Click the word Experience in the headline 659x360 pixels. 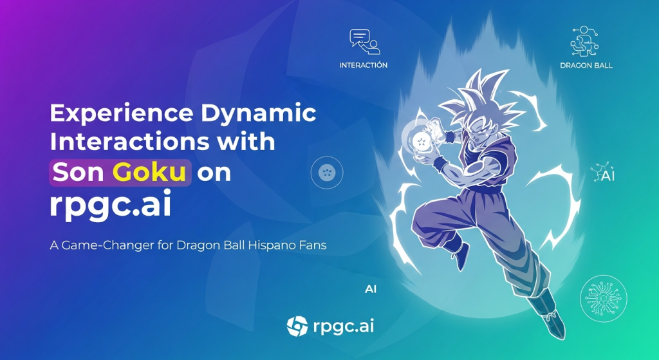click(122, 113)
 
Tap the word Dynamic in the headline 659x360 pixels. click(259, 113)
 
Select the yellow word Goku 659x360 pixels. click(149, 172)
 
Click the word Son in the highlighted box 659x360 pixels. click(79, 172)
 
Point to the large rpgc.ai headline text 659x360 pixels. click(111, 204)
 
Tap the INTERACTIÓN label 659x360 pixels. click(364, 65)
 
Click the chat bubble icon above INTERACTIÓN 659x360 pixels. click(364, 42)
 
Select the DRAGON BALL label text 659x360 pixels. click(586, 65)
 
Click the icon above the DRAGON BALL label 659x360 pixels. click(584, 41)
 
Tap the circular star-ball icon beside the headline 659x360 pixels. click(327, 173)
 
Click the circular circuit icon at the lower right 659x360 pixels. click(603, 298)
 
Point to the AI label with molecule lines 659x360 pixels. click(603, 173)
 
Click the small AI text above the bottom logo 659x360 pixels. click(370, 289)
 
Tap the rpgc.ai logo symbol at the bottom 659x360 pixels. click(297, 327)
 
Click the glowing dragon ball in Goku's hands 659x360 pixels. click(421, 141)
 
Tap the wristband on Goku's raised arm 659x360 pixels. click(449, 137)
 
